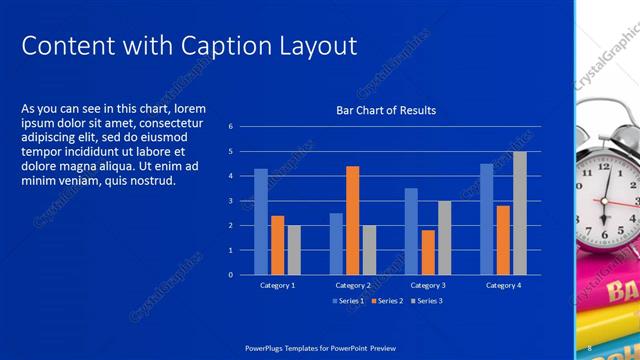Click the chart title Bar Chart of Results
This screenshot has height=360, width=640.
[385, 110]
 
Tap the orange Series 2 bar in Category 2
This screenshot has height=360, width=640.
[352, 220]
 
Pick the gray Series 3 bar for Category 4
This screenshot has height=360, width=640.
[520, 213]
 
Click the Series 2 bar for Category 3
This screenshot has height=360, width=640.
[428, 252]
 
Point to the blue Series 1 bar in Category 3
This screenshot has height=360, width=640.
[411, 231]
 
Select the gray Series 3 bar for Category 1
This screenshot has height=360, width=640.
[294, 249]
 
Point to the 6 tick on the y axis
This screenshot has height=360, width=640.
[230, 127]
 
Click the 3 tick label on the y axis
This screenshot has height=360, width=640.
[230, 201]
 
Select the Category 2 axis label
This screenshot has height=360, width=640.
[352, 286]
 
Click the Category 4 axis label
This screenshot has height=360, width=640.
[503, 286]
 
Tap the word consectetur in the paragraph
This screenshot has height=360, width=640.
[174, 123]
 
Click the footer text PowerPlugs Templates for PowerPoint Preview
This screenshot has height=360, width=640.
[320, 347]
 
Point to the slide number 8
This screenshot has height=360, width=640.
[589, 347]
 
